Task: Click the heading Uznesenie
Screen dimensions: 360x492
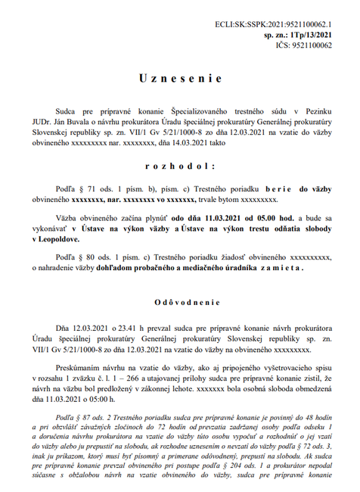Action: click(x=180, y=79)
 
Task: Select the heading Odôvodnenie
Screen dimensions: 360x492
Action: click(x=180, y=301)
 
